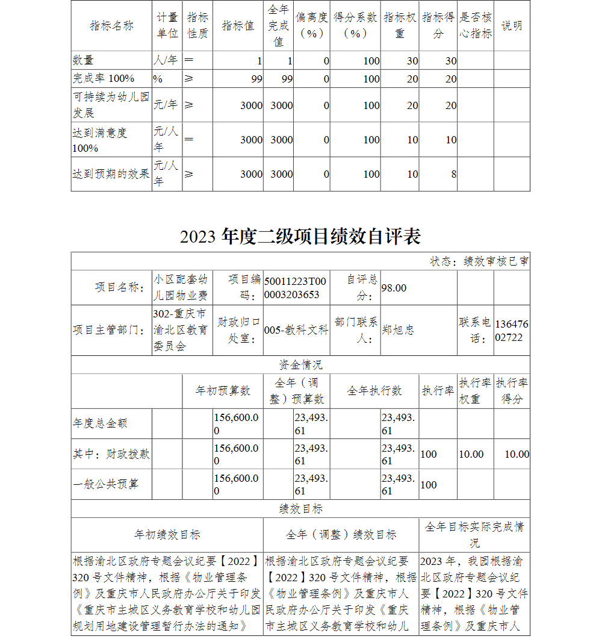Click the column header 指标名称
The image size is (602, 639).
tap(111, 26)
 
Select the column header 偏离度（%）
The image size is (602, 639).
tap(312, 26)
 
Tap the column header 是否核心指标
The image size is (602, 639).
tap(476, 26)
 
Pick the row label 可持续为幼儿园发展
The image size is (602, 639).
tap(111, 105)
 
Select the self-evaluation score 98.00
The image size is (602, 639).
tap(394, 288)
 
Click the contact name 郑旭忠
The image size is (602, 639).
tap(398, 330)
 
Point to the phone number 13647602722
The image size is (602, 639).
tap(511, 331)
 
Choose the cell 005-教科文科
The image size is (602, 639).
tap(296, 330)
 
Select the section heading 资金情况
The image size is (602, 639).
tap(300, 365)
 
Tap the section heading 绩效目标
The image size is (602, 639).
tap(300, 509)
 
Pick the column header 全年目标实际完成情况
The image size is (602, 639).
tap(474, 534)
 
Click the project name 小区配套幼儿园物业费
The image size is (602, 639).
tap(181, 287)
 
